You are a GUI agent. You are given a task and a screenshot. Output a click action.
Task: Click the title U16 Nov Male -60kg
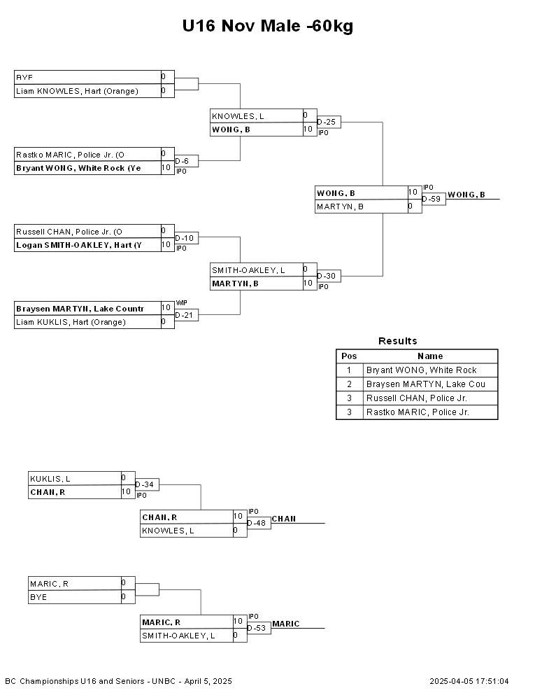click(x=267, y=26)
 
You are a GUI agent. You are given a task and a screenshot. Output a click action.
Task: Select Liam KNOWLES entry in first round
click(x=77, y=91)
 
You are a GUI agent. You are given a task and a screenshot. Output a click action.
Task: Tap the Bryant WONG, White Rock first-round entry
click(x=78, y=168)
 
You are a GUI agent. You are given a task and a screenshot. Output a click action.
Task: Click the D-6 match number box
click(x=186, y=161)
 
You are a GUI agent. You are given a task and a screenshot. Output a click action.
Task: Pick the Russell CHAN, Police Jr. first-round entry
click(x=69, y=232)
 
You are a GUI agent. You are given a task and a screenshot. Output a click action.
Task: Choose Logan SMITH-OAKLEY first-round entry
click(x=79, y=245)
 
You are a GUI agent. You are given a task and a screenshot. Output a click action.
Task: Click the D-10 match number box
click(x=186, y=238)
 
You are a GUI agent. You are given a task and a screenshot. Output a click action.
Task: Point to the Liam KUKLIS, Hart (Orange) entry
click(x=71, y=322)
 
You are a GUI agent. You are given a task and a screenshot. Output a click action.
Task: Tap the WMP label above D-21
click(x=181, y=302)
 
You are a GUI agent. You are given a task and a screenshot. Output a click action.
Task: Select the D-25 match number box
click(x=329, y=122)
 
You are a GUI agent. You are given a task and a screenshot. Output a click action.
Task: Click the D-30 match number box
click(x=329, y=276)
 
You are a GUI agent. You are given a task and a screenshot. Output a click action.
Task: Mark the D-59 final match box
click(x=434, y=199)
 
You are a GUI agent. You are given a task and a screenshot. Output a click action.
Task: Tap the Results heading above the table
click(x=398, y=341)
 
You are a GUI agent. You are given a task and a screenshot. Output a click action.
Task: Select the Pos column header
click(x=349, y=356)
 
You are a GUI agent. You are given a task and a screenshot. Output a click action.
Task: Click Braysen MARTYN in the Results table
click(x=425, y=384)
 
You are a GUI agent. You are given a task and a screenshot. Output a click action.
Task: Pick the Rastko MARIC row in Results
click(x=417, y=412)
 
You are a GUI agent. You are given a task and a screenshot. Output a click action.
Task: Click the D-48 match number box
click(x=259, y=523)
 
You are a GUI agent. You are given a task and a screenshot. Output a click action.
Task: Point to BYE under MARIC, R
click(x=38, y=597)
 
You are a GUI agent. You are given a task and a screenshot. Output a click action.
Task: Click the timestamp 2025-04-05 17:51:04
click(x=469, y=681)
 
